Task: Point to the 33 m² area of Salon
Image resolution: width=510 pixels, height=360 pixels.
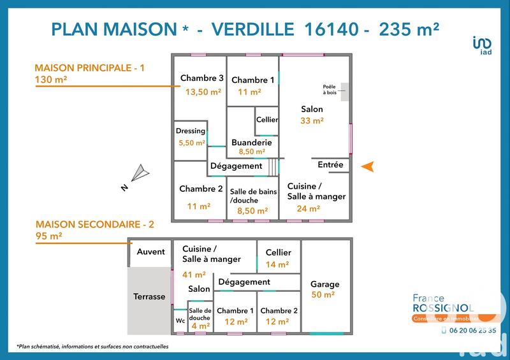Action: coord(312,120)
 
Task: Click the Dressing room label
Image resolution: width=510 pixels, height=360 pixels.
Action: coord(191,131)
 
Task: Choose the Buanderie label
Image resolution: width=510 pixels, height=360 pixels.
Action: coord(252,143)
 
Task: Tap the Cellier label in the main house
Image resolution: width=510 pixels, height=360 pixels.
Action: coord(266,120)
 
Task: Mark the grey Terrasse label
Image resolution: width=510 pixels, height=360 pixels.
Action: coord(149,296)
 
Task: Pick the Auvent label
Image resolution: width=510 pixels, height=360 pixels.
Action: coord(150,252)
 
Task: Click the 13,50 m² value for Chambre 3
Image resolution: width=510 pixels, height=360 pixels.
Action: coord(203,92)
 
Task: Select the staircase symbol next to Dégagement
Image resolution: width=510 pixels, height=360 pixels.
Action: coord(273,166)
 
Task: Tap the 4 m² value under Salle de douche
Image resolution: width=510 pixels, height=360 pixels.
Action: coord(200,326)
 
